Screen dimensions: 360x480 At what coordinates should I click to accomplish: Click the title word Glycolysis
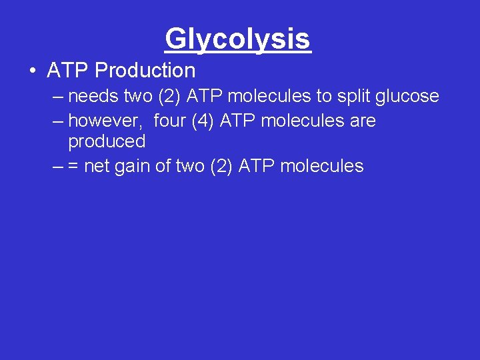coord(238,39)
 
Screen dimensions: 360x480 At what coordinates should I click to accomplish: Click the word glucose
coord(408,97)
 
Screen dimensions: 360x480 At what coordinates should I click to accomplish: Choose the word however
coord(107,121)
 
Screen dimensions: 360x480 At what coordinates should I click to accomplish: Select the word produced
coord(107,141)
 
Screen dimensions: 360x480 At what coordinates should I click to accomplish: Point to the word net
coord(97,166)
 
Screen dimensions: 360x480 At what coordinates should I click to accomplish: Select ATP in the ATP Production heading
coord(69,70)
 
